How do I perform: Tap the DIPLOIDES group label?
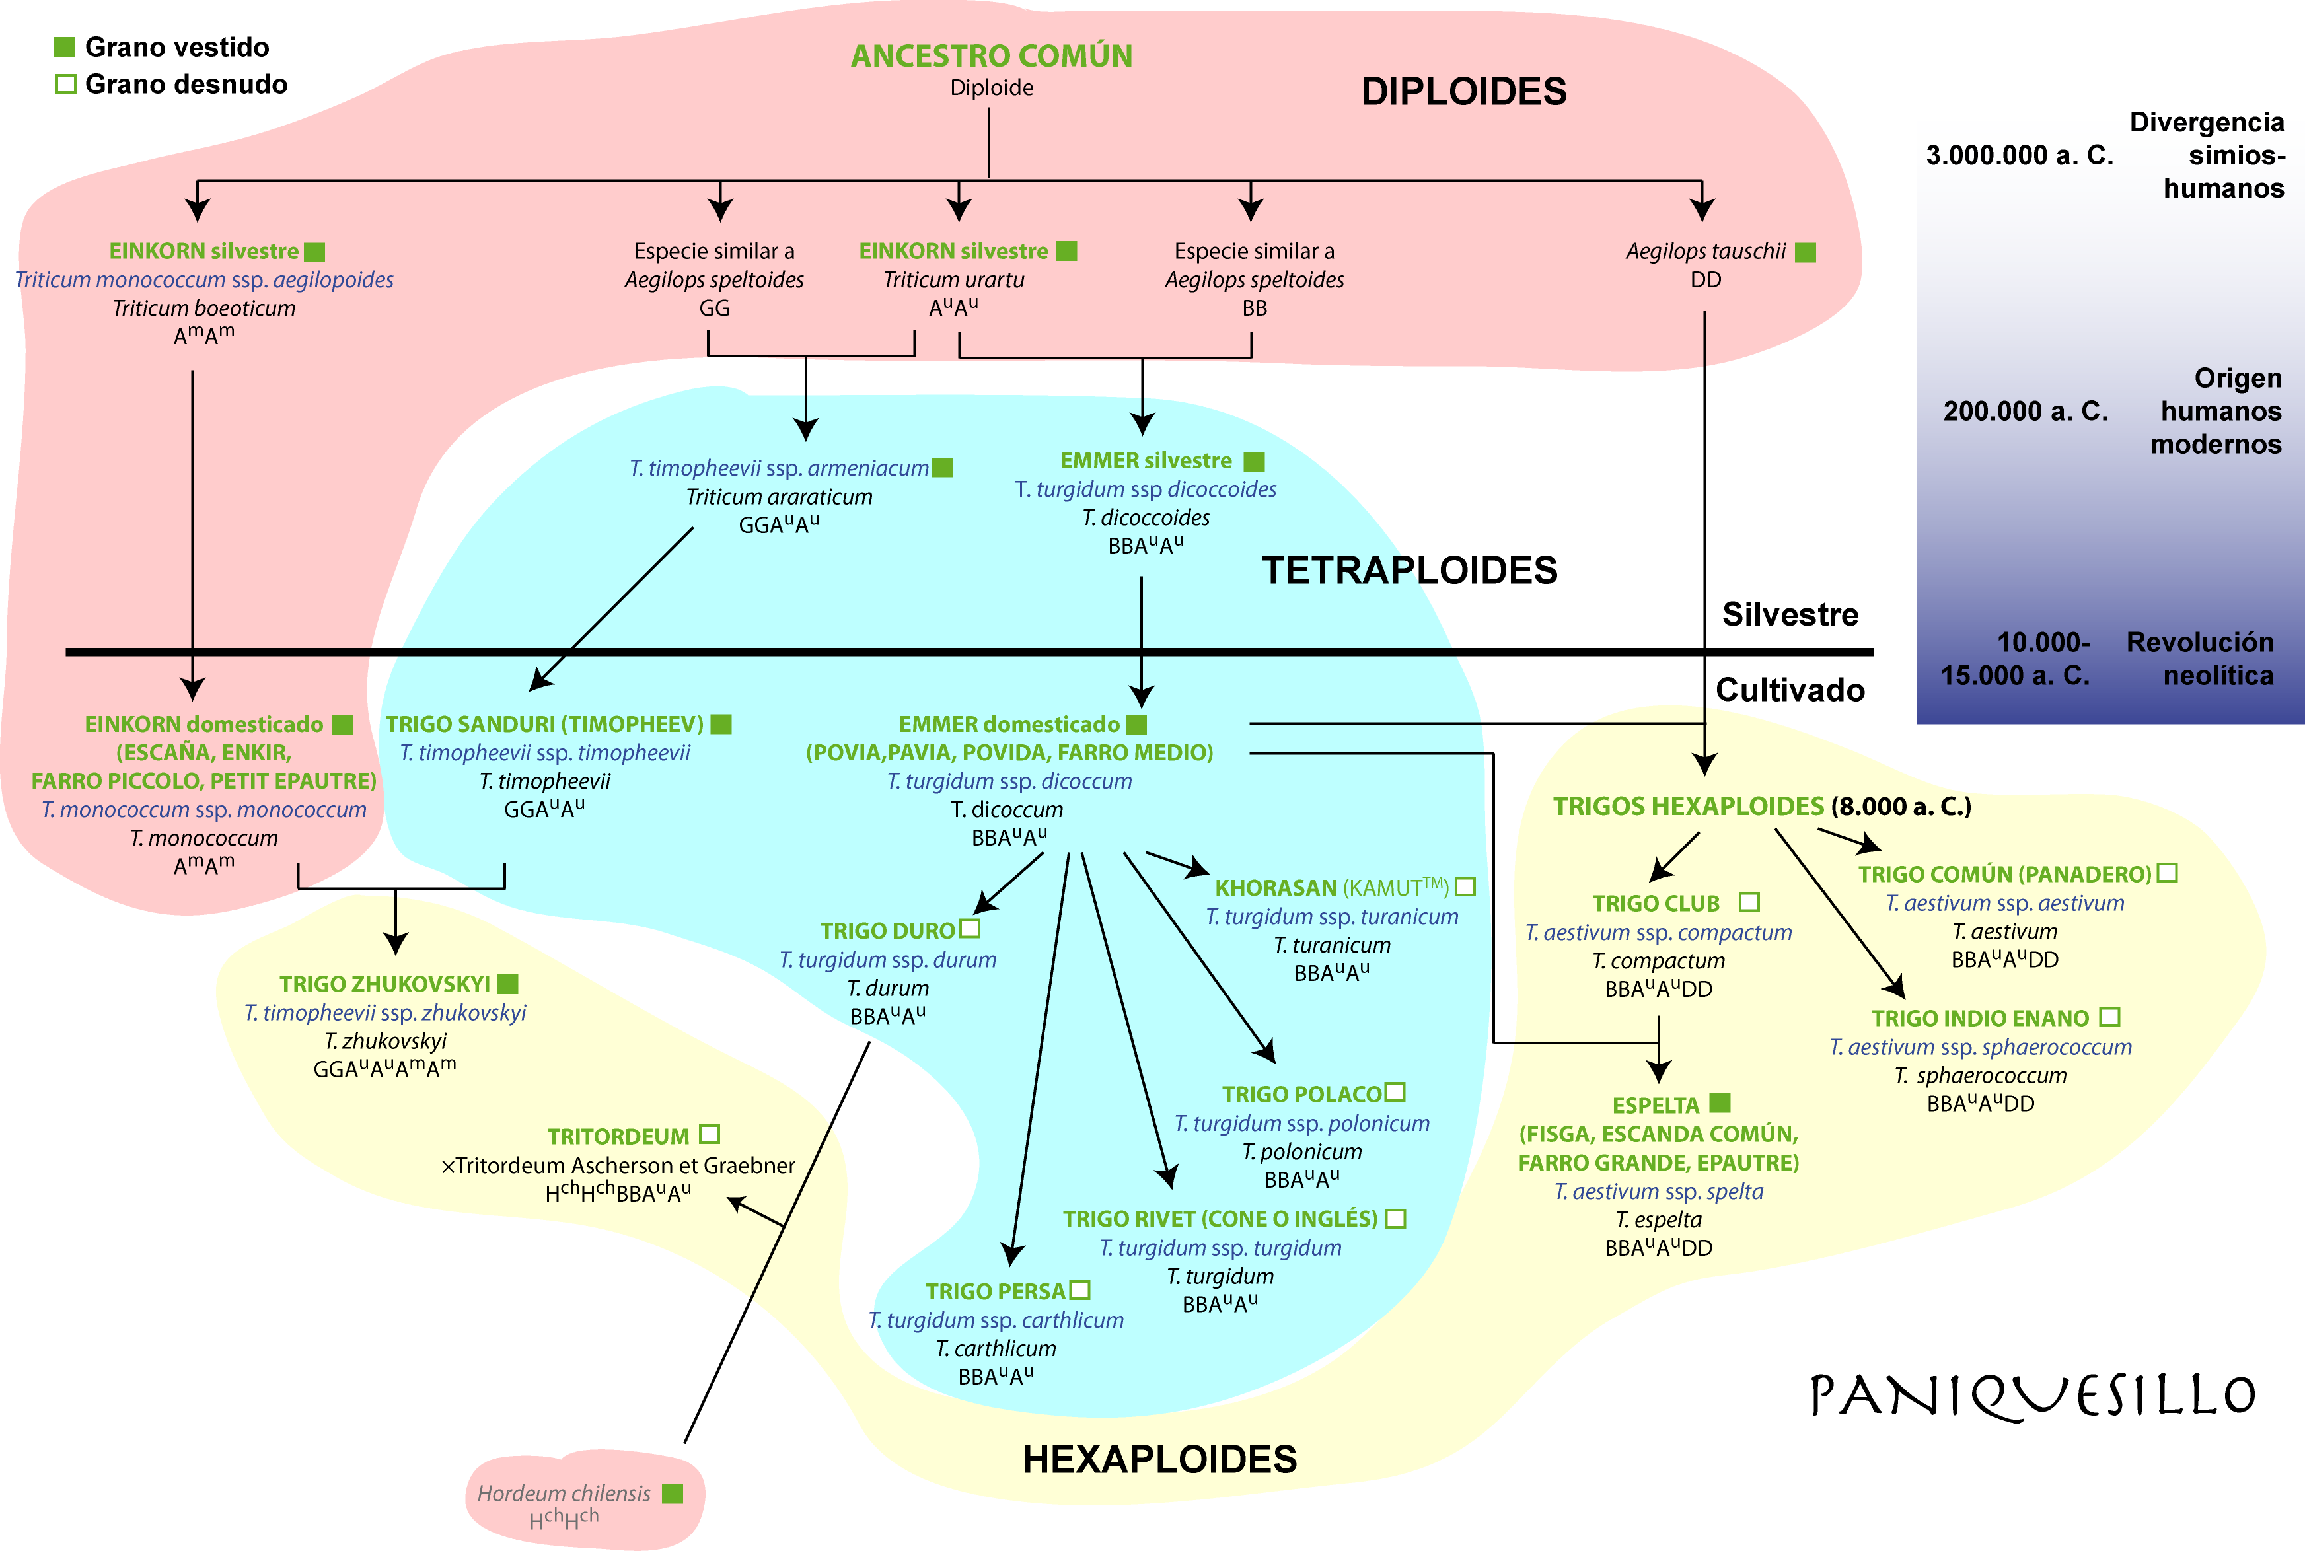[x=1464, y=92]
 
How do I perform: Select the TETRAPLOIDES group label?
[x=1410, y=571]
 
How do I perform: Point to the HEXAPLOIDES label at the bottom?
[x=1159, y=1459]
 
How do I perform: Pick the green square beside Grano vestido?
[x=64, y=46]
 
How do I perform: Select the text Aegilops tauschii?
[x=1706, y=251]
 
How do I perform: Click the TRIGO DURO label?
[x=887, y=931]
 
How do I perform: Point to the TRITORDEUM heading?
[x=618, y=1137]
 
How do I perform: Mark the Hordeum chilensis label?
[x=564, y=1494]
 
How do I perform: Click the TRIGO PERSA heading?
[x=995, y=1292]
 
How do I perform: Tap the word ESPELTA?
[x=1655, y=1106]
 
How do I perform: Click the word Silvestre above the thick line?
[x=1790, y=614]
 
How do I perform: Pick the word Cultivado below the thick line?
[x=1790, y=690]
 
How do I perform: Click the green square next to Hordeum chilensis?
[x=673, y=1494]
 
